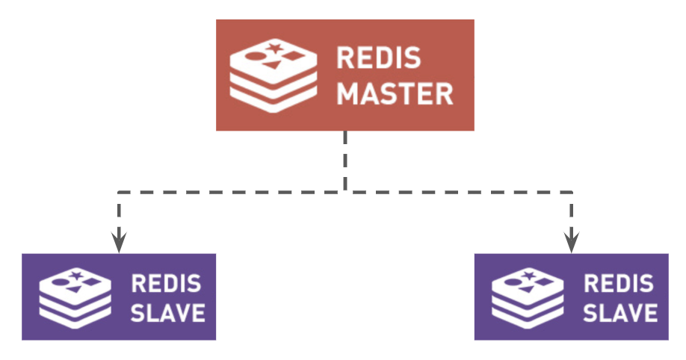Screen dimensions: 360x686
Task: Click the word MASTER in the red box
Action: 395,94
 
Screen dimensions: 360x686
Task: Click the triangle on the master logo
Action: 274,65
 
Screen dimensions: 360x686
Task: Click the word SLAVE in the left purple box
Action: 168,311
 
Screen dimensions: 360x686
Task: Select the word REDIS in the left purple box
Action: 166,284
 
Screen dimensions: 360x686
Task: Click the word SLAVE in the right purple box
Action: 620,311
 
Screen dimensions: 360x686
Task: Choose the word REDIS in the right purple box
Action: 618,284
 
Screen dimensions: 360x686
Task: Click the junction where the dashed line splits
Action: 345,193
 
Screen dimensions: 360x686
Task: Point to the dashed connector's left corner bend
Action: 119,193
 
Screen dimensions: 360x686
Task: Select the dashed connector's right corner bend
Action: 572,193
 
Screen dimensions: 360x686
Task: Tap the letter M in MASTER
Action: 347,94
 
